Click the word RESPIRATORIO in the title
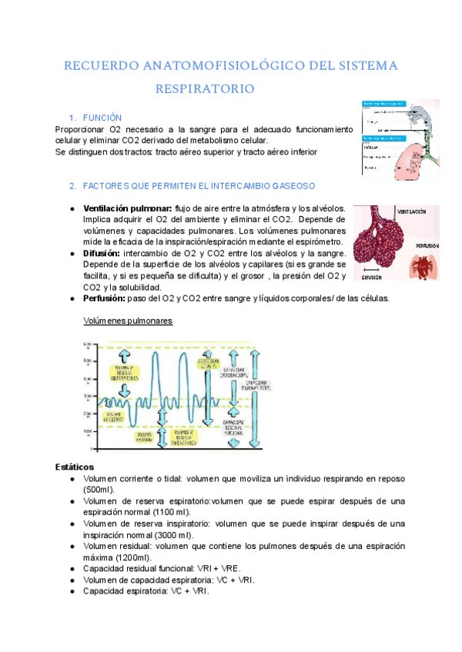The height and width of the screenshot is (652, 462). point(205,89)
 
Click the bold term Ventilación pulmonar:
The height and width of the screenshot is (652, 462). point(127,208)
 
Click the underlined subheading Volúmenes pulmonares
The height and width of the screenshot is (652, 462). point(127,321)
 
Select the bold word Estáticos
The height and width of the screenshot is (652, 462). point(75,467)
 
